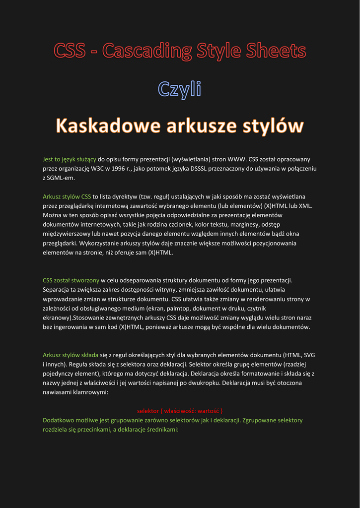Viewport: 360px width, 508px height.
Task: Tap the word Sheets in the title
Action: tap(279, 51)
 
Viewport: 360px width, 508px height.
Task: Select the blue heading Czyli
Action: tap(179, 89)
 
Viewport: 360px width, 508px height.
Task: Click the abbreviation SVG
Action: tap(308, 355)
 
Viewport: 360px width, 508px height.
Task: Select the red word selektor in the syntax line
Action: tap(148, 411)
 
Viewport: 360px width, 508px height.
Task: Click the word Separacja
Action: tap(57, 289)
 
